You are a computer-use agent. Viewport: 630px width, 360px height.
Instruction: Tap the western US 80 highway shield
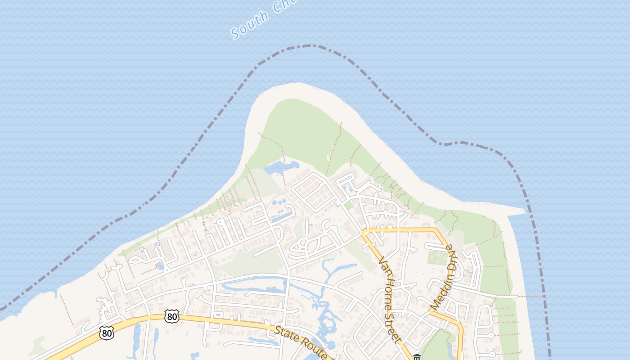coord(107,333)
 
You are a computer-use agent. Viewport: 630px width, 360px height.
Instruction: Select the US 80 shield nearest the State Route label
coord(171,316)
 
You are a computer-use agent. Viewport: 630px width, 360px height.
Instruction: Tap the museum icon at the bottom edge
coord(417,357)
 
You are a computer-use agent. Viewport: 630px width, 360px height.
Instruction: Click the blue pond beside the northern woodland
coord(280,167)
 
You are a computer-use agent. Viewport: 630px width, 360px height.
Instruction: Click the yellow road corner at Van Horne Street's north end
coord(364,231)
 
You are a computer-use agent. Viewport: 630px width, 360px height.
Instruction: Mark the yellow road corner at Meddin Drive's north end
coord(436,230)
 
